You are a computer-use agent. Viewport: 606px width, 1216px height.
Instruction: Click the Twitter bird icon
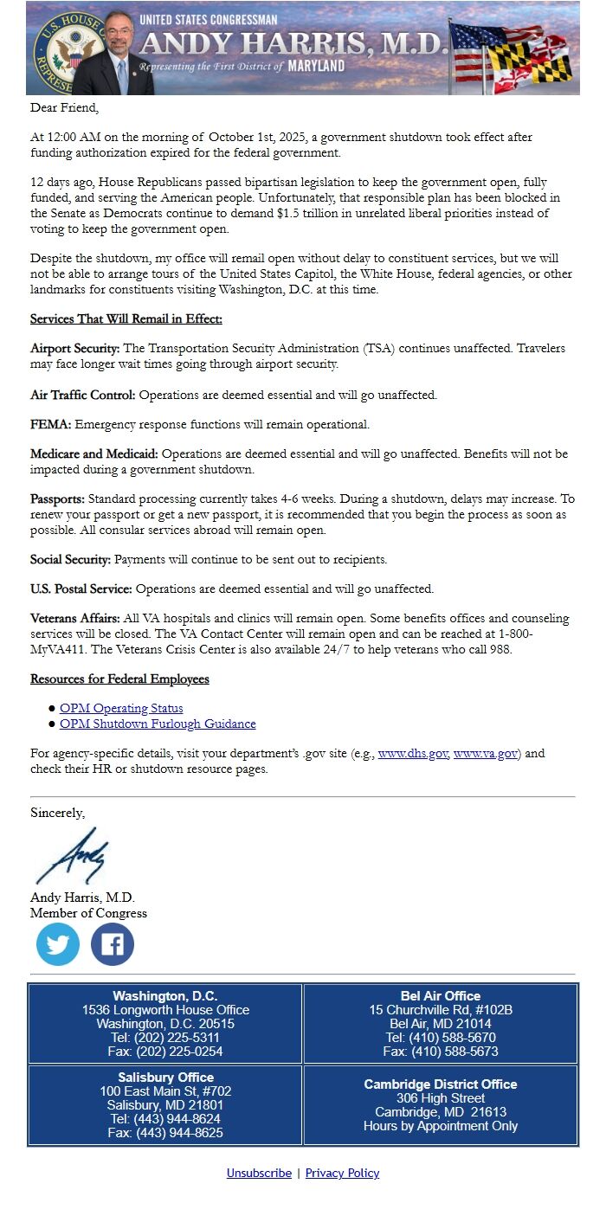click(58, 944)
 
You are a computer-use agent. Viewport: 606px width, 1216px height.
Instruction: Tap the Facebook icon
click(113, 944)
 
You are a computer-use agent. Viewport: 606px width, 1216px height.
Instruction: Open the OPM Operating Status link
click(121, 708)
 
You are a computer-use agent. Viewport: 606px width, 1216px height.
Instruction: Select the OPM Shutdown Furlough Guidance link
click(158, 724)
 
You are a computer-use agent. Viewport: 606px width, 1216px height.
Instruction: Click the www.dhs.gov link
click(413, 754)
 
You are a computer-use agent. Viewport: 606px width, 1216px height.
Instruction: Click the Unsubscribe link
click(259, 1173)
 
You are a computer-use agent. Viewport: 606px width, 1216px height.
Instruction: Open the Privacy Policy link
click(342, 1173)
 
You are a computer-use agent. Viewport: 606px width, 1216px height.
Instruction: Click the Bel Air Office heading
click(441, 996)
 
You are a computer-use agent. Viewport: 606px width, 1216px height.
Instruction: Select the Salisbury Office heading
click(165, 1078)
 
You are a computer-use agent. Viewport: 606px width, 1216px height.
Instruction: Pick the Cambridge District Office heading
click(441, 1084)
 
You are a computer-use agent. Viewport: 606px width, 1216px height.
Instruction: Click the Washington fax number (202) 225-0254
click(165, 1052)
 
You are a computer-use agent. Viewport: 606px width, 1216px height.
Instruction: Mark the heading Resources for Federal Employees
click(119, 679)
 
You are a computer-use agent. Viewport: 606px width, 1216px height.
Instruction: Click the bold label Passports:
click(57, 499)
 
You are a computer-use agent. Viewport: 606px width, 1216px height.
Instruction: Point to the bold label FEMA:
click(51, 425)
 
